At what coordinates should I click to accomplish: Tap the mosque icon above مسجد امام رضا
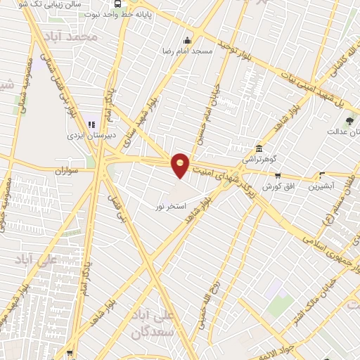point(186,41)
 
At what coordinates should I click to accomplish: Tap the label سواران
point(64,170)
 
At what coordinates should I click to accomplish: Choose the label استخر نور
point(171,206)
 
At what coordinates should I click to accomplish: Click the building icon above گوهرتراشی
point(259,149)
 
